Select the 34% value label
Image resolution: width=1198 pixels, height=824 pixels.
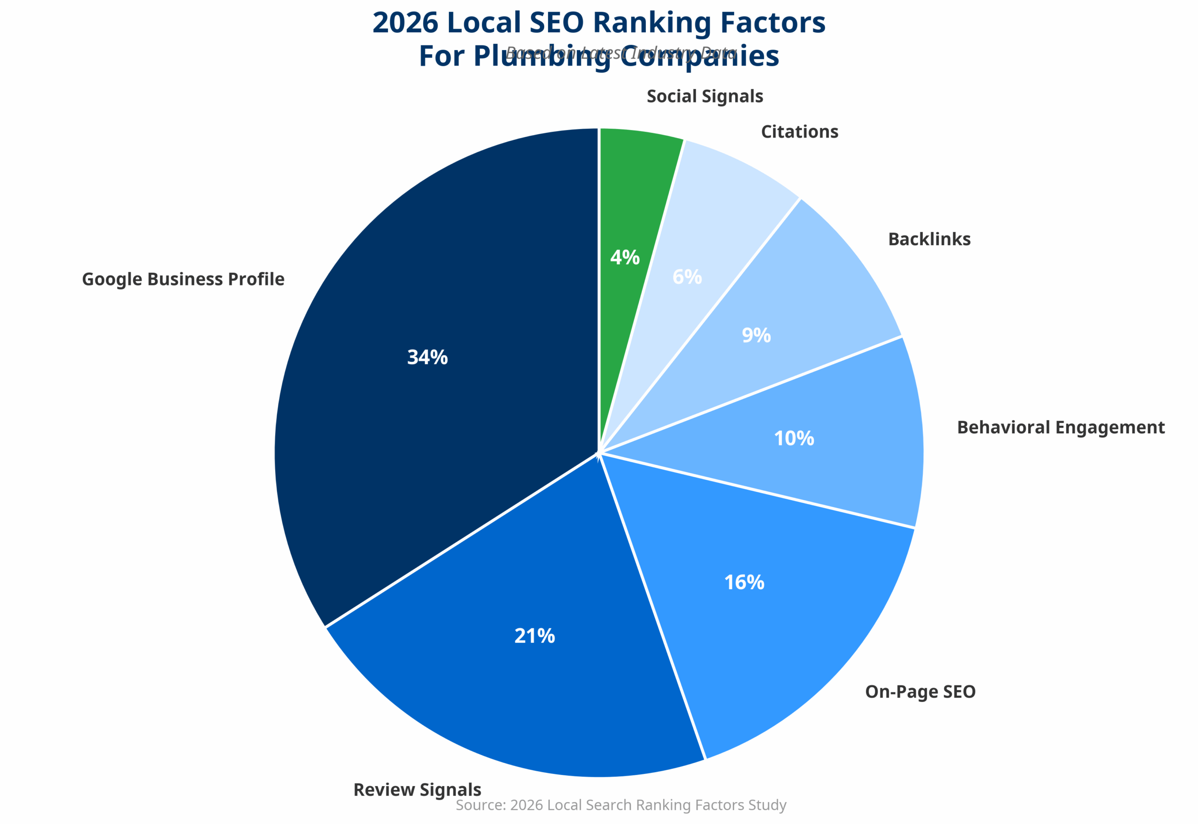pos(427,357)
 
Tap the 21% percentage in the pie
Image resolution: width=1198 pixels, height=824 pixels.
pos(534,635)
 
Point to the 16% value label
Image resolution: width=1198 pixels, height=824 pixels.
pos(744,583)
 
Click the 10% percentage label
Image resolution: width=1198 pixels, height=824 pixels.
pos(794,438)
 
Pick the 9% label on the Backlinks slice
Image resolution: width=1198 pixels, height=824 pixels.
pos(756,335)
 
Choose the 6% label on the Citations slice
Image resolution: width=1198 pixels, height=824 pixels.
pos(687,277)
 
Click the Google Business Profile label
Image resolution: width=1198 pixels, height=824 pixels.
pos(183,279)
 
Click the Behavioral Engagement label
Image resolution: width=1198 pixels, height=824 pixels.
pos(1060,428)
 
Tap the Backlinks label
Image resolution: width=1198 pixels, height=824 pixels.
pos(929,239)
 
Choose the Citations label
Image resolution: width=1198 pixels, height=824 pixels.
pos(799,131)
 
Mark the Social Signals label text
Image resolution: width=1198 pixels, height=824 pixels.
pos(704,96)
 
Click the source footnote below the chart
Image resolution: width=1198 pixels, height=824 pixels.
pos(621,805)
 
